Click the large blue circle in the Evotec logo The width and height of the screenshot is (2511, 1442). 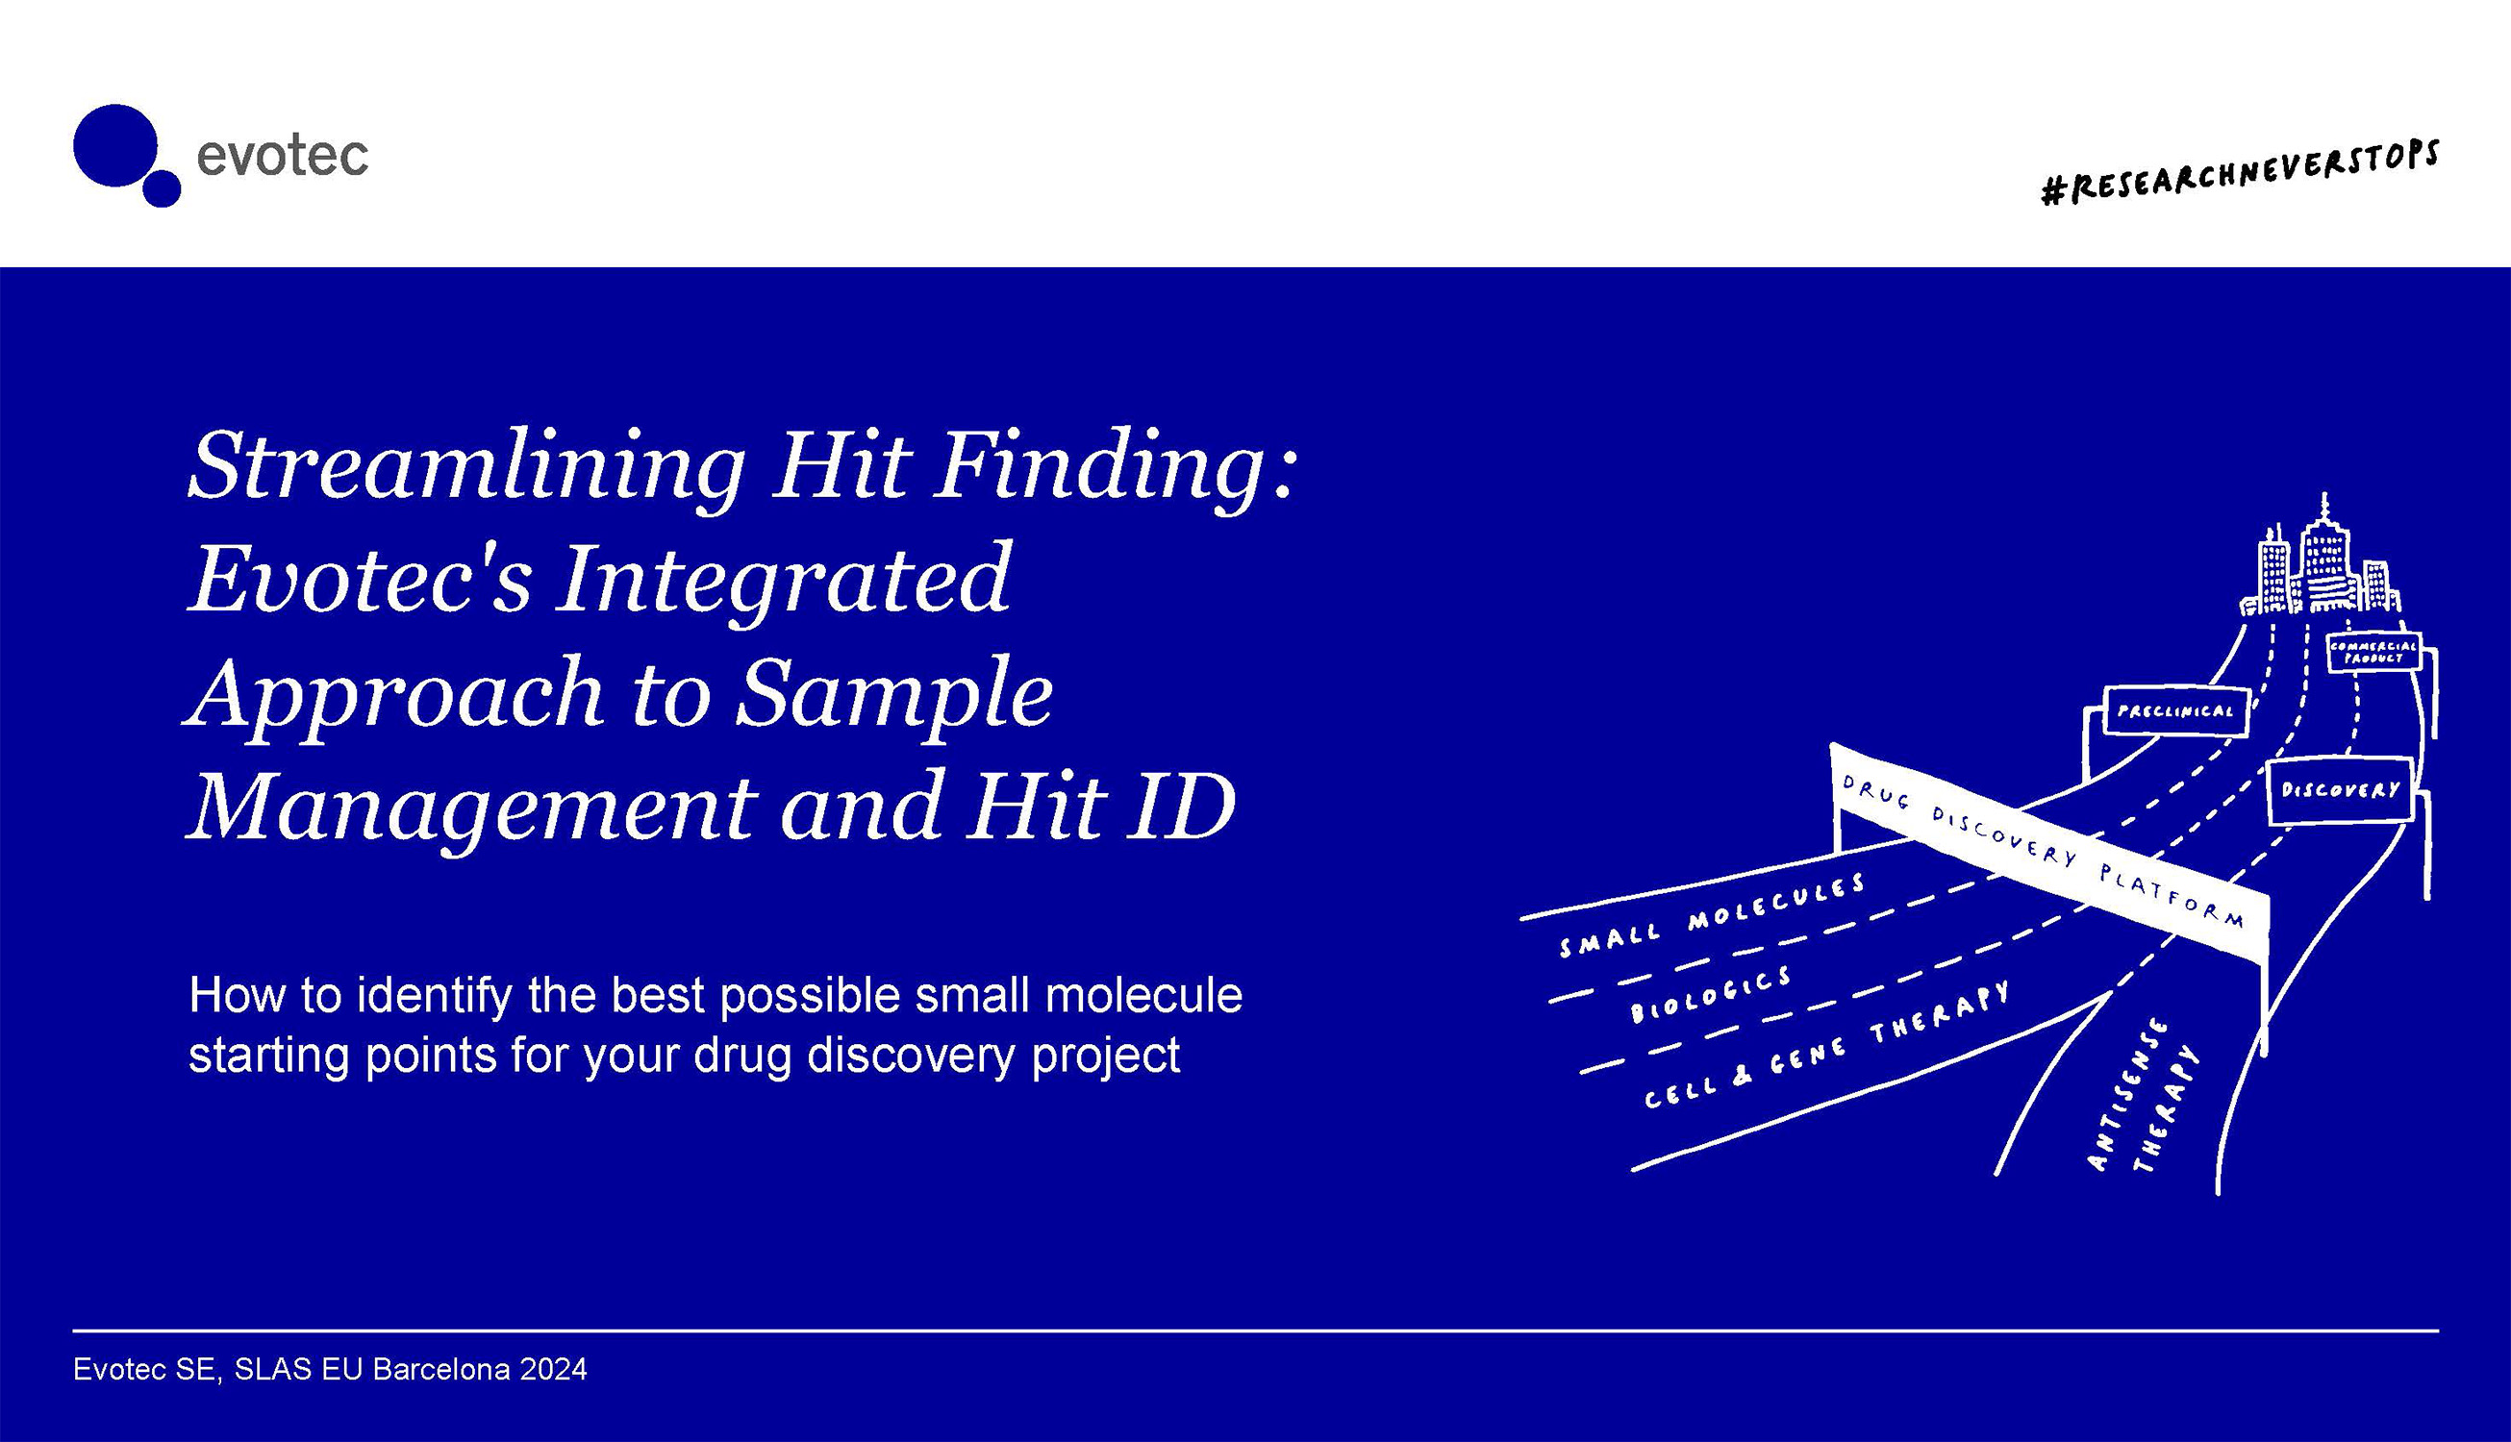click(114, 144)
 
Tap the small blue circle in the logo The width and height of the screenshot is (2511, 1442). click(162, 188)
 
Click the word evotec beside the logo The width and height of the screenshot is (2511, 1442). click(283, 157)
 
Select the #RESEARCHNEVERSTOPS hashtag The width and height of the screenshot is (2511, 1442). click(2240, 172)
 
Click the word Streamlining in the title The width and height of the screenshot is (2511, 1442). click(465, 465)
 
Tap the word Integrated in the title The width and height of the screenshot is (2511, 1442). click(783, 580)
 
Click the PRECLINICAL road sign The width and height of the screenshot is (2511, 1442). click(2175, 710)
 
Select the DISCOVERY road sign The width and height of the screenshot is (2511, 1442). click(2340, 790)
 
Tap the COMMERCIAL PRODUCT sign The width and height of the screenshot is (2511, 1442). click(2373, 652)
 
